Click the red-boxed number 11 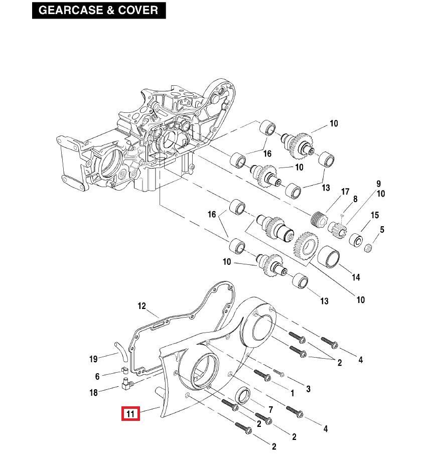pyautogui.click(x=130, y=414)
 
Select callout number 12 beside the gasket pyautogui.click(x=142, y=306)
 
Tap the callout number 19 pyautogui.click(x=93, y=359)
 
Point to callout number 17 pyautogui.click(x=345, y=192)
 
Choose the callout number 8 pyautogui.click(x=355, y=199)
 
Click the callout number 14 pyautogui.click(x=356, y=277)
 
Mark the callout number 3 pyautogui.click(x=309, y=389)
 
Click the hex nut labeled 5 pyautogui.click(x=367, y=247)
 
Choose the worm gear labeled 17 pyautogui.click(x=318, y=219)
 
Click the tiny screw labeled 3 pyautogui.click(x=279, y=374)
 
